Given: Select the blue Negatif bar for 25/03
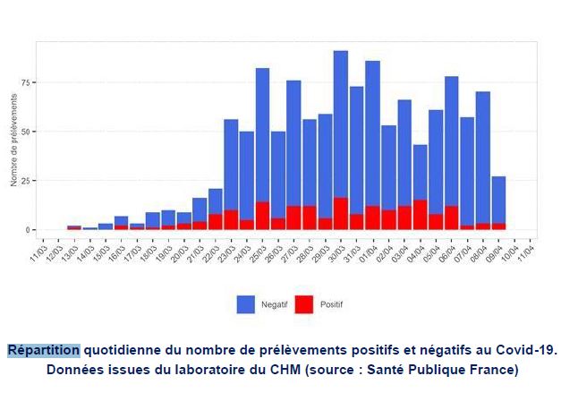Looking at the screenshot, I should pos(262,134).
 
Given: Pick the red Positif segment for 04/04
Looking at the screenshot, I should pos(420,215).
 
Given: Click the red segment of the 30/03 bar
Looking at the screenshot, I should pos(340,214).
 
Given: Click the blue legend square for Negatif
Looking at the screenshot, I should pos(245,304).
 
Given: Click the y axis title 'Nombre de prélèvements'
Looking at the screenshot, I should pos(15,143).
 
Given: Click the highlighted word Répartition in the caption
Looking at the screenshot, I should pos(44,350).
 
